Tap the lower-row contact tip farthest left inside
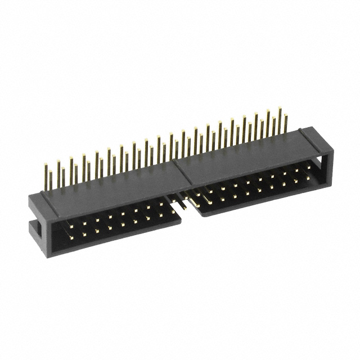(x=71, y=236)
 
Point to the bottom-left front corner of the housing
(x=53, y=256)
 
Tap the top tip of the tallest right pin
(x=280, y=109)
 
